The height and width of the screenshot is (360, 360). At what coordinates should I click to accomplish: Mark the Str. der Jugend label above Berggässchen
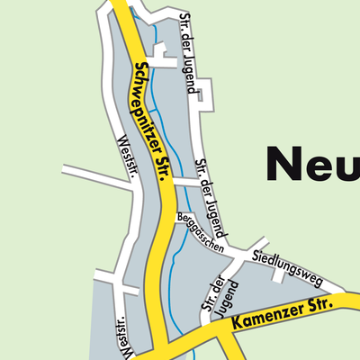(x=206, y=189)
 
